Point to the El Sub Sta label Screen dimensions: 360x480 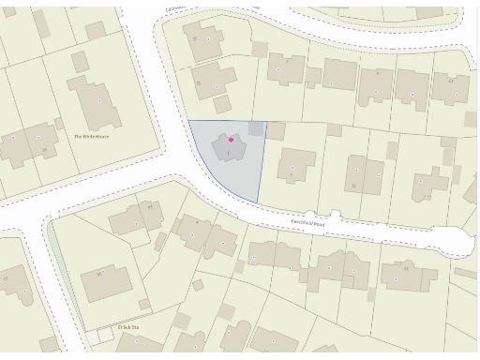127,327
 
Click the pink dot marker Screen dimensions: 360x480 232,140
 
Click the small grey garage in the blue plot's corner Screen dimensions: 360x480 256,129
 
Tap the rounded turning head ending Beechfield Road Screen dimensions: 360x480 459,241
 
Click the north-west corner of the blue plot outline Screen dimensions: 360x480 189,121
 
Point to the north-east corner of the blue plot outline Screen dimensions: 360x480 267,122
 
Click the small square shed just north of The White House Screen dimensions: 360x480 81,62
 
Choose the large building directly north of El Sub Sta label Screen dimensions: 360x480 106,281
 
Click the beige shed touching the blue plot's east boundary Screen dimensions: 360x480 275,130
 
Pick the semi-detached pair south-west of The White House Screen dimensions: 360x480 25,145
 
